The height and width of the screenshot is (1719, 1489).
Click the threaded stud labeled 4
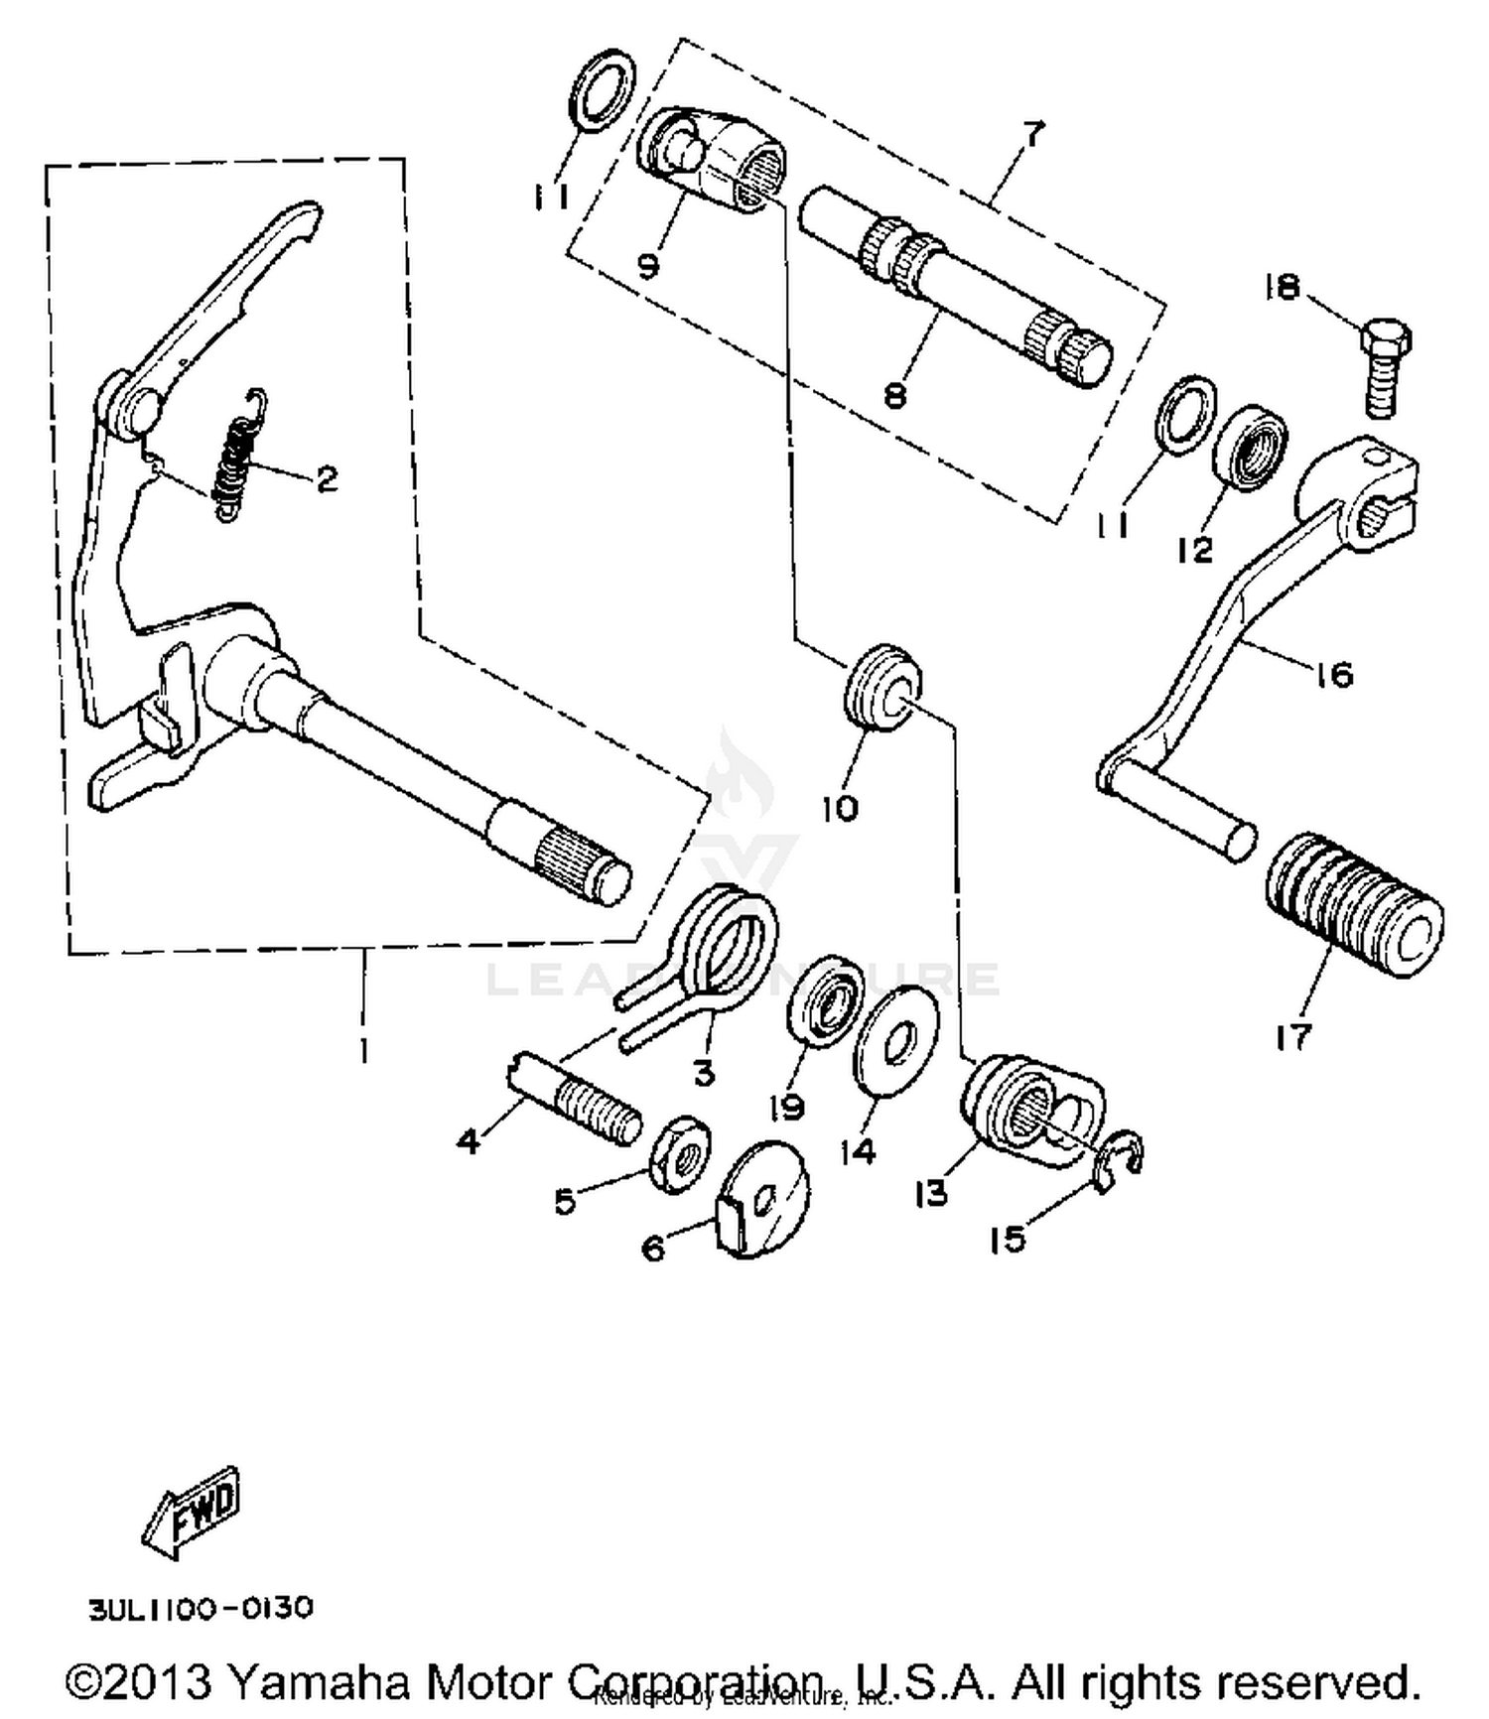click(x=580, y=1099)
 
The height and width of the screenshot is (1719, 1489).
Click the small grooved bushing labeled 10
click(x=881, y=686)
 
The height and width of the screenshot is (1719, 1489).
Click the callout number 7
click(x=1033, y=133)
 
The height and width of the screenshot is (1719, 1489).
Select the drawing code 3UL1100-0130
click(x=202, y=1607)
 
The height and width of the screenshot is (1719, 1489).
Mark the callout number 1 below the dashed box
click(x=364, y=1050)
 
